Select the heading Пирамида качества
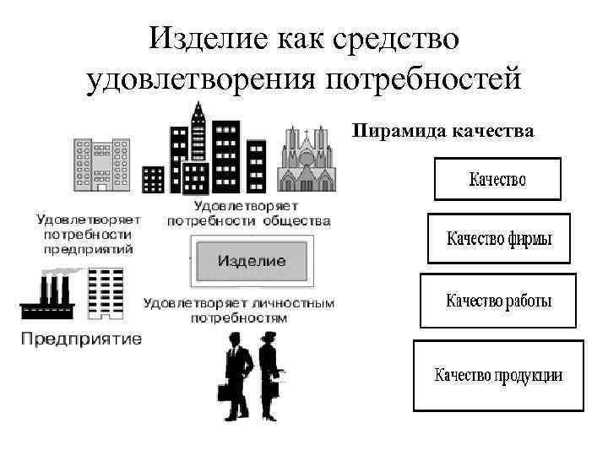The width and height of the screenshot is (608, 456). point(442,130)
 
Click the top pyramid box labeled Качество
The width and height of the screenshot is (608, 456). point(497,179)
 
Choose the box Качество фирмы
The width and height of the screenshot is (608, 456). point(499,239)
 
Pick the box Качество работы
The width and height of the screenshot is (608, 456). point(498,301)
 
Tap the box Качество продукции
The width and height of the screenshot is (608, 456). point(498,375)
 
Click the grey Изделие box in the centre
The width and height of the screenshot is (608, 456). point(252,260)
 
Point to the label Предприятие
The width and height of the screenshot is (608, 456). point(81,339)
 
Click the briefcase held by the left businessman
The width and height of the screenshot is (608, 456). point(225,393)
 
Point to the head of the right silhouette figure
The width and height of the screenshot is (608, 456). point(269,338)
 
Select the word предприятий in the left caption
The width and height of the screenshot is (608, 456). point(88,249)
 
